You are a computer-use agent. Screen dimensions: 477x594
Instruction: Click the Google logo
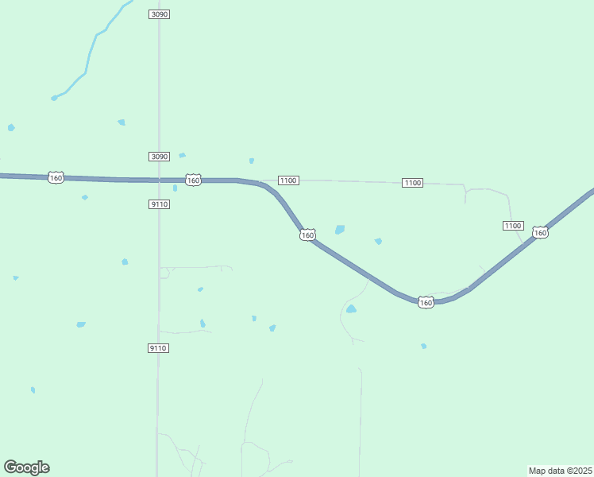pyautogui.click(x=27, y=467)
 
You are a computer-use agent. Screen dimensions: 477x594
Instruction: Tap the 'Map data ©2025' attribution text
pyautogui.click(x=560, y=471)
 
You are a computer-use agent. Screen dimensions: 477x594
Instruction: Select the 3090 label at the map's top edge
pyautogui.click(x=159, y=14)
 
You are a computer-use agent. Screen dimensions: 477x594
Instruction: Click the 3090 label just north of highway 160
pyautogui.click(x=159, y=157)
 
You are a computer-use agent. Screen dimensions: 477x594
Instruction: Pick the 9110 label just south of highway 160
pyautogui.click(x=159, y=204)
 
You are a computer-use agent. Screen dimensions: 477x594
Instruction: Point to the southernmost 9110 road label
pyautogui.click(x=158, y=348)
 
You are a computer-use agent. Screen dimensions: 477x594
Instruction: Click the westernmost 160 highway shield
pyautogui.click(x=56, y=177)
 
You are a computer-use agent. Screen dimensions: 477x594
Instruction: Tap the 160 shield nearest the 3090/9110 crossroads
pyautogui.click(x=193, y=180)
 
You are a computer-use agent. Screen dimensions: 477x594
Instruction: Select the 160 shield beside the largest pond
pyautogui.click(x=308, y=235)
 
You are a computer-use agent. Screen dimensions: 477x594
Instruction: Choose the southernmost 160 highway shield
pyautogui.click(x=426, y=303)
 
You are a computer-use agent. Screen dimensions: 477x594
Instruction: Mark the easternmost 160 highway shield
pyautogui.click(x=540, y=232)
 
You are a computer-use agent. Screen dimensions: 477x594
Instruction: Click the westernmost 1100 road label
pyautogui.click(x=288, y=180)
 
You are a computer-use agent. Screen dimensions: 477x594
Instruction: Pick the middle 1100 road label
pyautogui.click(x=412, y=183)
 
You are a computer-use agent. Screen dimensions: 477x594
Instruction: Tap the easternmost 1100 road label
pyautogui.click(x=513, y=226)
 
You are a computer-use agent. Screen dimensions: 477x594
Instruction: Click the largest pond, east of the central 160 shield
pyautogui.click(x=340, y=230)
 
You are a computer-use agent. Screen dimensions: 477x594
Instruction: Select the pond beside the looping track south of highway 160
pyautogui.click(x=351, y=309)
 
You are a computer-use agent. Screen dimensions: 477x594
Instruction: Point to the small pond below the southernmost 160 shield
pyautogui.click(x=424, y=346)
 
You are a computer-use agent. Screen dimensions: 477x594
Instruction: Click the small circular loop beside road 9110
pyautogui.click(x=164, y=273)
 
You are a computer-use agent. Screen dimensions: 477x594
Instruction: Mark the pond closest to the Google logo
pyautogui.click(x=33, y=390)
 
